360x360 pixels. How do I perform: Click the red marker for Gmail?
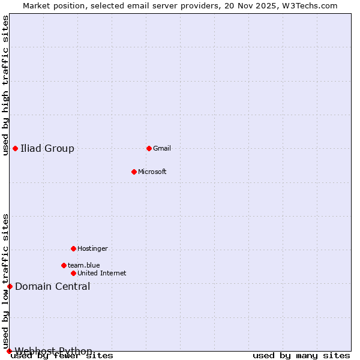(x=149, y=148)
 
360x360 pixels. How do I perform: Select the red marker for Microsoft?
(x=134, y=172)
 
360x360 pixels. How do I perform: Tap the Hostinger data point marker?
(x=73, y=248)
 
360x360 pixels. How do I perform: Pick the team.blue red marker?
(x=64, y=265)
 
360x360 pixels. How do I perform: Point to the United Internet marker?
(x=73, y=273)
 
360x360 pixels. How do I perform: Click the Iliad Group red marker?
(x=15, y=148)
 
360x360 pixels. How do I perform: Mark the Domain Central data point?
(x=10, y=286)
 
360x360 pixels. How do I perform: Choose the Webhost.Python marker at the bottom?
(x=9, y=351)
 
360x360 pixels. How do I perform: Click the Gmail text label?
(x=162, y=148)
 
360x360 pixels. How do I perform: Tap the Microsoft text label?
(x=152, y=172)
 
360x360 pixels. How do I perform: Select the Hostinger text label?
(x=92, y=248)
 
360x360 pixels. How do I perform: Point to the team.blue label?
(x=84, y=265)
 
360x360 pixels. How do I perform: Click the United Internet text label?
(x=102, y=273)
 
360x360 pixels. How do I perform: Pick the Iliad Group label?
(x=47, y=148)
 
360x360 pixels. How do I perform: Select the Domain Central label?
(x=53, y=286)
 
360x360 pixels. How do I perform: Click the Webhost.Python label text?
(x=54, y=350)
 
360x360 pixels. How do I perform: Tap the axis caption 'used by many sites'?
(x=301, y=356)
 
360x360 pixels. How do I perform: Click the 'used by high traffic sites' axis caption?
(x=6, y=85)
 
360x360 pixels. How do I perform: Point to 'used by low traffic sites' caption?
(x=6, y=281)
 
